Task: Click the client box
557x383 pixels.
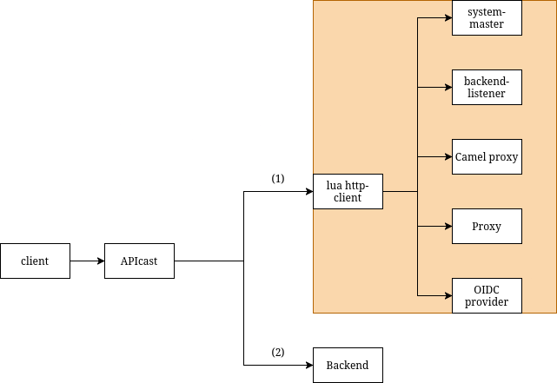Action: [35, 261]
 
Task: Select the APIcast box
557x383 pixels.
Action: [139, 261]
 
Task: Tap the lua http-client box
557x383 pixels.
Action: [348, 191]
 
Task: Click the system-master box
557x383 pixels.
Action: [487, 18]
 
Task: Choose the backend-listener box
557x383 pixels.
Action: [487, 87]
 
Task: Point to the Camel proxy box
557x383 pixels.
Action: [487, 156]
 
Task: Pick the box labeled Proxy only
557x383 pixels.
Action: [487, 226]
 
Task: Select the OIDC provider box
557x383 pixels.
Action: [487, 295]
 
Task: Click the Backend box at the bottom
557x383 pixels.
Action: [348, 365]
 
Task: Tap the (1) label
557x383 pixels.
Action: [278, 179]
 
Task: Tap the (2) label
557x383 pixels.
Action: [278, 353]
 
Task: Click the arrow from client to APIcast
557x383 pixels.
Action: [87, 261]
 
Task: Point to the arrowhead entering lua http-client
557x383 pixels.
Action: [308, 191]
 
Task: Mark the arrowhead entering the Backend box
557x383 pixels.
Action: [308, 365]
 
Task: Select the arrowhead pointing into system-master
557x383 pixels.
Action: [448, 17]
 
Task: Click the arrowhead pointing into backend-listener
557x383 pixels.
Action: [448, 87]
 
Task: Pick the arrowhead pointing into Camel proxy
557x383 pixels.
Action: [448, 156]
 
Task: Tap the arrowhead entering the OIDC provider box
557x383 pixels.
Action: [448, 295]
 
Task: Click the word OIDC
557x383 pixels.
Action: [487, 289]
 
